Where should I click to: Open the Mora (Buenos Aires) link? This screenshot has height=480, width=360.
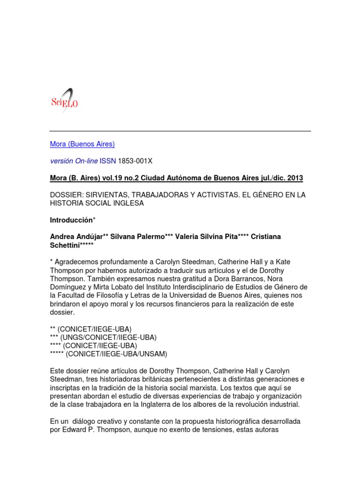point(82,144)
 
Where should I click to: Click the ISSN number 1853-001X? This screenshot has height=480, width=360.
point(135,161)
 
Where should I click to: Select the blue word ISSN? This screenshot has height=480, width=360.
point(108,161)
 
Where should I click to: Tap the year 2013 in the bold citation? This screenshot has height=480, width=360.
point(295,178)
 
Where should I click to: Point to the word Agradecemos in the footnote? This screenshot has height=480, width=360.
point(77,262)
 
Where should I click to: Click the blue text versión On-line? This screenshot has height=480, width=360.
point(74,161)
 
